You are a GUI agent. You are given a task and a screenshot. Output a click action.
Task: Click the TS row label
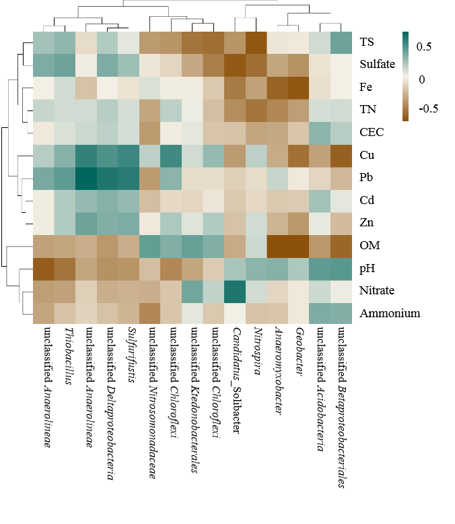[x=367, y=42]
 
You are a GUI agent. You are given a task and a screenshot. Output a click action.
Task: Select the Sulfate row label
[x=377, y=65]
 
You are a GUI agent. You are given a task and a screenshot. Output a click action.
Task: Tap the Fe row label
[x=366, y=88]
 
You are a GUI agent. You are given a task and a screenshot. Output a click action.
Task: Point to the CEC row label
[x=371, y=132]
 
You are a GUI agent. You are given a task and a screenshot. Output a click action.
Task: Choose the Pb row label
[x=367, y=178]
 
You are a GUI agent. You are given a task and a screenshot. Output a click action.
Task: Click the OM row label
[x=369, y=246]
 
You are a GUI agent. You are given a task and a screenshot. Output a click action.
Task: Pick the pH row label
[x=367, y=268]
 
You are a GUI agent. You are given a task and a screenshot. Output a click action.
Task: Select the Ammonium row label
[x=390, y=313]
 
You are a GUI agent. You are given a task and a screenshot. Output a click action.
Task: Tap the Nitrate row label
[x=377, y=291]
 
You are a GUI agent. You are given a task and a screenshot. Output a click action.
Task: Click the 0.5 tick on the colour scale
[x=424, y=46]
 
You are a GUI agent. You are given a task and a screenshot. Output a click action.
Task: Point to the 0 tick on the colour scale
[x=422, y=79]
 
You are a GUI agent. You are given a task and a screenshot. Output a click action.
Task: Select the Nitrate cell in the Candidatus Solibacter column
[x=236, y=291]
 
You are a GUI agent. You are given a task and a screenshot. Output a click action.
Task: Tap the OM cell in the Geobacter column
[x=299, y=246]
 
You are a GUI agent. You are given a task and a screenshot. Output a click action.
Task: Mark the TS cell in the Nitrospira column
[x=256, y=42]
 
